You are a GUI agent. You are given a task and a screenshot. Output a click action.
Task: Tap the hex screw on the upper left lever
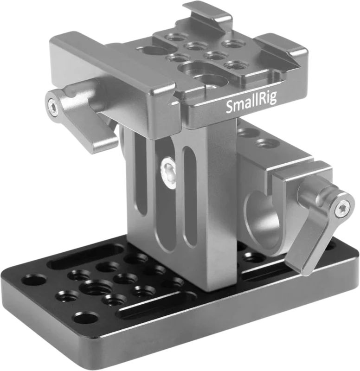click(53, 108)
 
